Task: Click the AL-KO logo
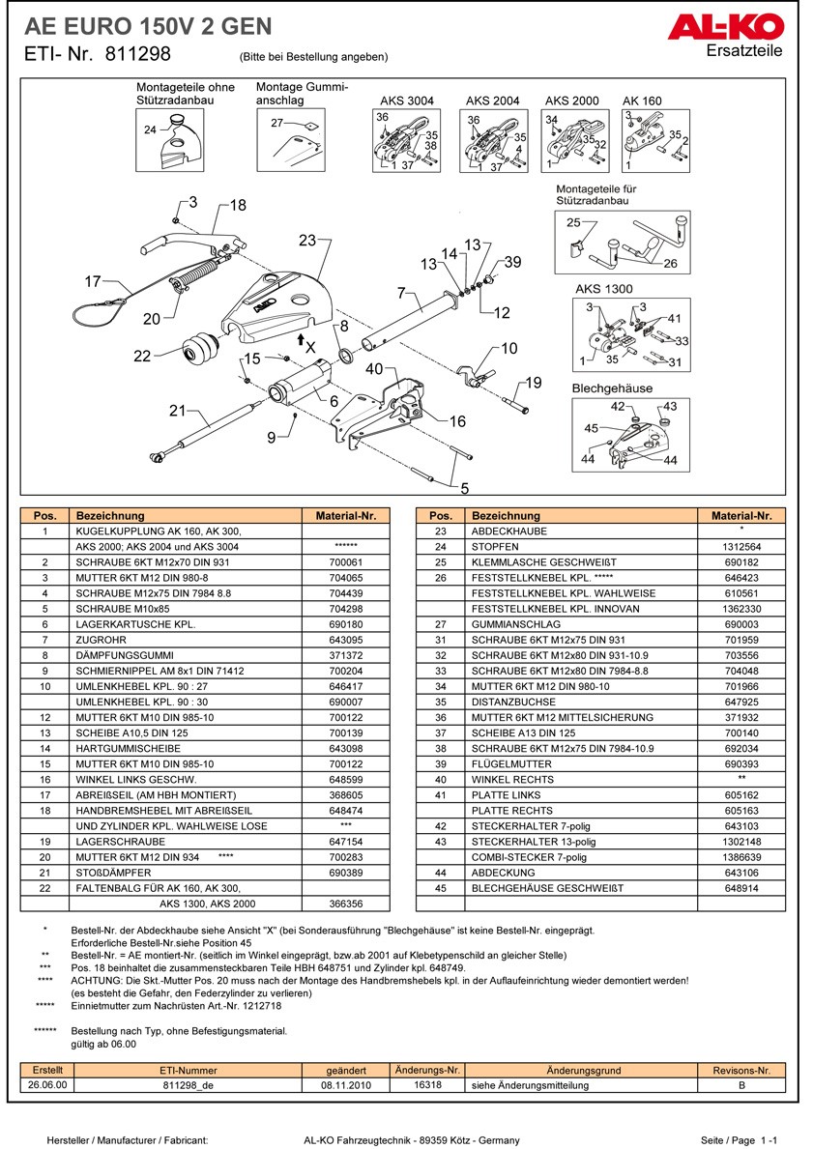coord(724,28)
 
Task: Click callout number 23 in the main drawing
coord(307,240)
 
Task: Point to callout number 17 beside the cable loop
coord(93,282)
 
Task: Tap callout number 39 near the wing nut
coord(512,263)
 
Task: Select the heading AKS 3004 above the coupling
coord(407,101)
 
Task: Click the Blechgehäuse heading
coord(612,388)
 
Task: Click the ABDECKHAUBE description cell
coord(508,531)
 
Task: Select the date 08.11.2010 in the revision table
coord(345,1085)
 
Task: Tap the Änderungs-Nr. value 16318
coord(426,1085)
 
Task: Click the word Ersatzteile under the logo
coord(744,51)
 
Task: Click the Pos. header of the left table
coord(44,516)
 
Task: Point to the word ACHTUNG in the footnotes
coord(94,980)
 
